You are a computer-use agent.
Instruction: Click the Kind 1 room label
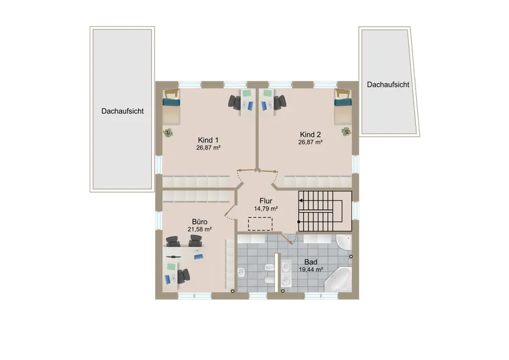(x=208, y=140)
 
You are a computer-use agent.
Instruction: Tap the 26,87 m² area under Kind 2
(x=310, y=142)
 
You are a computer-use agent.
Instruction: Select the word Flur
(x=266, y=200)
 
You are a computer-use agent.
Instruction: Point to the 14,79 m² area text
(x=266, y=209)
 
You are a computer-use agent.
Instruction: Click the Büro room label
(x=200, y=222)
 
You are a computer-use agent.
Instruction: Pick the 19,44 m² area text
(x=310, y=270)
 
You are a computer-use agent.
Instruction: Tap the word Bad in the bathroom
(x=310, y=262)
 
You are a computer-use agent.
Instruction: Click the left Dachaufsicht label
(x=122, y=111)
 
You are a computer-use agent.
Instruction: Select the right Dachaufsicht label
(x=388, y=85)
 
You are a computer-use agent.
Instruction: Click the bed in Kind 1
(x=171, y=107)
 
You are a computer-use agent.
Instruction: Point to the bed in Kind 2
(x=343, y=107)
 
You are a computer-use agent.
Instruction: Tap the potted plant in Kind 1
(x=168, y=133)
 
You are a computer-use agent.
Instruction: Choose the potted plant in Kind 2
(x=346, y=132)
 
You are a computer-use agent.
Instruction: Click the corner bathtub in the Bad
(x=339, y=279)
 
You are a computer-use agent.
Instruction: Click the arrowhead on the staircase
(x=300, y=200)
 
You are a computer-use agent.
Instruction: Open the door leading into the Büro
(x=230, y=210)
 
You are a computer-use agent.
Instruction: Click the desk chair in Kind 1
(x=234, y=101)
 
